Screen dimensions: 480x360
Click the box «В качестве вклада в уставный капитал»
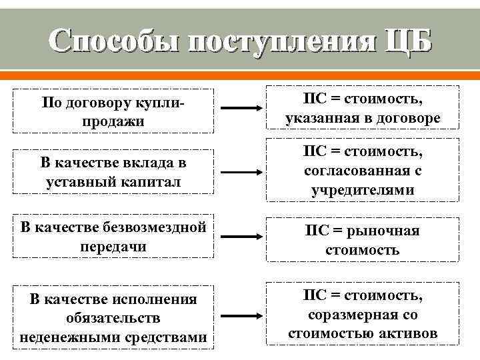click(114, 173)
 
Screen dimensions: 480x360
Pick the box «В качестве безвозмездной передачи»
click(114, 235)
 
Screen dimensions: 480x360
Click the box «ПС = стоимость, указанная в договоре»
click(363, 107)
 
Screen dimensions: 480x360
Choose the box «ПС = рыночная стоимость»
click(363, 239)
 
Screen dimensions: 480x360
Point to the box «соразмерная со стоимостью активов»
click(363, 314)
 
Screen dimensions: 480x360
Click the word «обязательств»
click(114, 318)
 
